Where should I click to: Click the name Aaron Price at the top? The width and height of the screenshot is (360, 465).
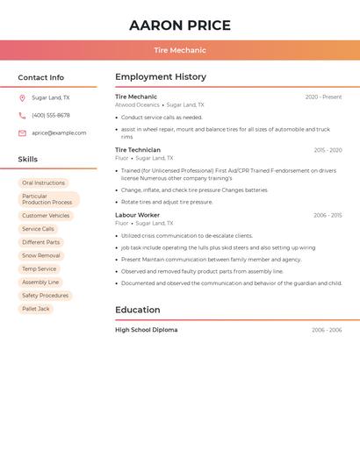[x=180, y=25]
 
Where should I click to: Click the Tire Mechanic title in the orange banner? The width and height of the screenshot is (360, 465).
[x=180, y=50]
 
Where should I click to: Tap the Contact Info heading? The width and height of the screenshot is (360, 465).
[x=41, y=77]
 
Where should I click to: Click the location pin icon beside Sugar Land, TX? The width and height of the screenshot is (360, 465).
[x=22, y=98]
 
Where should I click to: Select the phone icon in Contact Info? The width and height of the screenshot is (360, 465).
[x=22, y=116]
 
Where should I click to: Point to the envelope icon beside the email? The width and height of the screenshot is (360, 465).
[x=22, y=133]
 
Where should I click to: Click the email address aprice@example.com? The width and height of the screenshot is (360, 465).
[x=59, y=133]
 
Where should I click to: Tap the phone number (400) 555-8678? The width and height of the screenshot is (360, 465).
[x=51, y=116]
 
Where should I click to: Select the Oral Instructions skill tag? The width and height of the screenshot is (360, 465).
[x=44, y=182]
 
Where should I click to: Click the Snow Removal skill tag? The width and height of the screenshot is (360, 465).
[x=41, y=255]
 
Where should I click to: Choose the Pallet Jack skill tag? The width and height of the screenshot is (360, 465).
[x=36, y=309]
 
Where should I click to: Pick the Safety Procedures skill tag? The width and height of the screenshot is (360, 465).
[x=45, y=296]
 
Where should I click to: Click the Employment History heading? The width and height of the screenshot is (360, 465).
[x=161, y=77]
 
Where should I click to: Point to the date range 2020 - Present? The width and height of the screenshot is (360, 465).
[x=323, y=97]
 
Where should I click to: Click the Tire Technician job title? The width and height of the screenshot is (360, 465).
[x=138, y=150]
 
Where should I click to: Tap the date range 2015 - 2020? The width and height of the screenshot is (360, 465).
[x=328, y=150]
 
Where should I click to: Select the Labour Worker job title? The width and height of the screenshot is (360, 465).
[x=137, y=215]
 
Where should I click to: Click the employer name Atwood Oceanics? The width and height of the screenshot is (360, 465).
[x=137, y=104]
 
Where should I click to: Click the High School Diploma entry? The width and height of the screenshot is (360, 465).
[x=146, y=330]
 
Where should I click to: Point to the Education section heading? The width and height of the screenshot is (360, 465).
[x=138, y=310]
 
